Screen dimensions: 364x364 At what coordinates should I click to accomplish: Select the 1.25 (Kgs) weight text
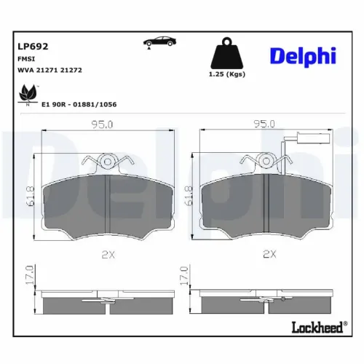[226, 75]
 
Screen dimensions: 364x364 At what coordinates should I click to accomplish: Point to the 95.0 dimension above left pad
[103, 124]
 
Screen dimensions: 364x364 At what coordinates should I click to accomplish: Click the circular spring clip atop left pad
[108, 162]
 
